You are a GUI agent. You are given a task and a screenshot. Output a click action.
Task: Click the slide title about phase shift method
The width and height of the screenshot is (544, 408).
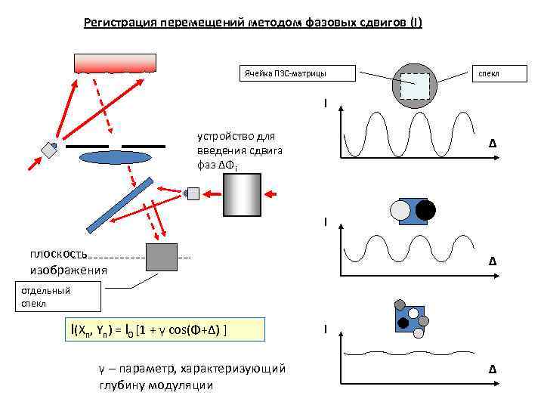tap(253, 23)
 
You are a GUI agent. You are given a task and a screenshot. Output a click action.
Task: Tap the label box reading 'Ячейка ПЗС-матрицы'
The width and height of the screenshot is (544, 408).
tap(286, 73)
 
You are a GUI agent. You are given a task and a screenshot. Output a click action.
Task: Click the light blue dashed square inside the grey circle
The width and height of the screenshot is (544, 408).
tap(415, 86)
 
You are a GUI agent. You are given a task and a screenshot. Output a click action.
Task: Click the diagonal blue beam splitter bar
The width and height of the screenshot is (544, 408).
tap(119, 205)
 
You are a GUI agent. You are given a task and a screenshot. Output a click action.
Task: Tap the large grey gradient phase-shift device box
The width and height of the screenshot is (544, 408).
tap(242, 194)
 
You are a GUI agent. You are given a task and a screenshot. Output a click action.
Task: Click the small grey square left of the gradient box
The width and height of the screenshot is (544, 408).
tap(193, 193)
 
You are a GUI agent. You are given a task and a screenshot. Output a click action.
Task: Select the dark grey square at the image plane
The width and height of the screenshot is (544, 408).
tap(162, 257)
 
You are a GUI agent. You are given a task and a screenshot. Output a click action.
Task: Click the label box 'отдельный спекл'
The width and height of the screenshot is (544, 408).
tap(60, 297)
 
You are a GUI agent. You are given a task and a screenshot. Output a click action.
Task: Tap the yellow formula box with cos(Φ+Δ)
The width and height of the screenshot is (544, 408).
tap(165, 329)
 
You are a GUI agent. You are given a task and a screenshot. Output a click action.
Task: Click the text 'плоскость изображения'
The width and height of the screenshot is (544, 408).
tap(68, 261)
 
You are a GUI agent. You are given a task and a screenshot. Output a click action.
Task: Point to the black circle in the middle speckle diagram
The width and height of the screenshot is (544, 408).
tap(425, 209)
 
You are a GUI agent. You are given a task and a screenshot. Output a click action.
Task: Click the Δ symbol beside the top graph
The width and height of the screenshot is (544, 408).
tap(492, 144)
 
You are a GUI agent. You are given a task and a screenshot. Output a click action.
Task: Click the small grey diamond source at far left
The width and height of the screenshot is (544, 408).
tap(50, 149)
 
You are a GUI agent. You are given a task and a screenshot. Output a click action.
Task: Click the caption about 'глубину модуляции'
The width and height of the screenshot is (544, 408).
tap(192, 377)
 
